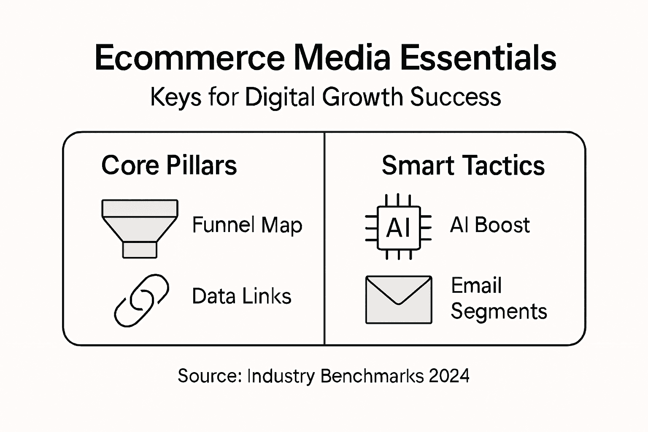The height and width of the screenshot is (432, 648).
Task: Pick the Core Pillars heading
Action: click(x=169, y=165)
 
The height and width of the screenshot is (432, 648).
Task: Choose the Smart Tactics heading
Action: click(x=463, y=165)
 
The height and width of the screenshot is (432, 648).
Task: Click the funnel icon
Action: click(x=140, y=228)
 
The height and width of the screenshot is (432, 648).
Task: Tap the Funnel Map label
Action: click(x=247, y=225)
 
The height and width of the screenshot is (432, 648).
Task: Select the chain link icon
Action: click(x=141, y=300)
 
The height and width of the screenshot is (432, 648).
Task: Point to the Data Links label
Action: click(x=241, y=296)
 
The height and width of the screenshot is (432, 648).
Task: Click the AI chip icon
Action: click(x=398, y=227)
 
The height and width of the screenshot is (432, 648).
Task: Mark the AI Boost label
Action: click(x=490, y=225)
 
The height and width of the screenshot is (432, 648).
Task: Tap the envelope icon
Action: click(x=398, y=300)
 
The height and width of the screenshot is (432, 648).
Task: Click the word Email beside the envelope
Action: click(x=476, y=286)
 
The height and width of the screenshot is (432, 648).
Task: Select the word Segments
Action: click(x=499, y=312)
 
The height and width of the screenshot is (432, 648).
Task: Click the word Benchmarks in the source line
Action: click(x=372, y=375)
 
